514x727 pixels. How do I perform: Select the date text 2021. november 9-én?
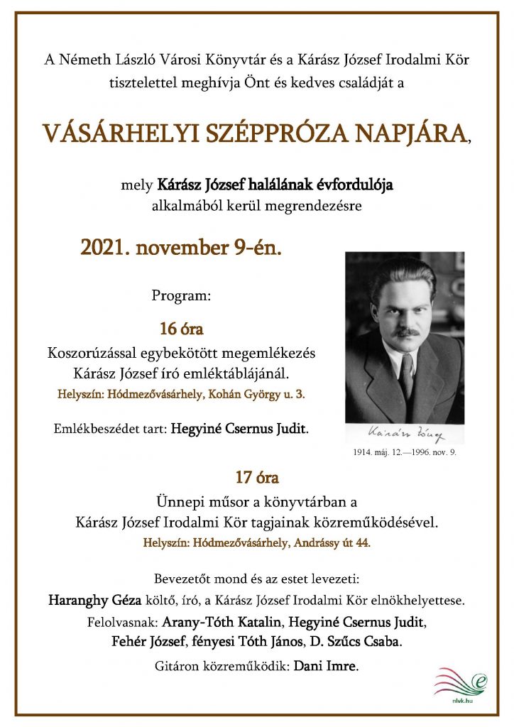(x=181, y=248)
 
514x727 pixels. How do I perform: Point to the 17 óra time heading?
(x=256, y=477)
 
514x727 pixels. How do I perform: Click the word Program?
(x=181, y=295)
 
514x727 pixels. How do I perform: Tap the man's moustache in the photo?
(x=407, y=332)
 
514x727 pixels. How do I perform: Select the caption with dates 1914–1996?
(x=405, y=452)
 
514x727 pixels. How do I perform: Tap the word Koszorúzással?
(x=91, y=352)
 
